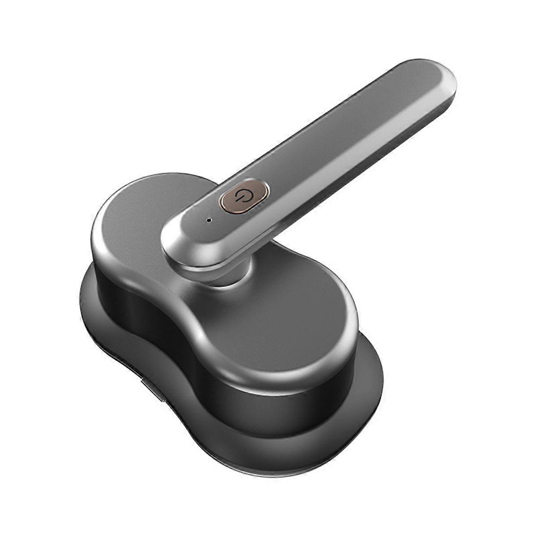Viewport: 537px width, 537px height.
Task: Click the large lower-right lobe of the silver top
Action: pos(286,322)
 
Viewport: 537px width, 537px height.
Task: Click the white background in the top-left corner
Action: pos(27,27)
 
